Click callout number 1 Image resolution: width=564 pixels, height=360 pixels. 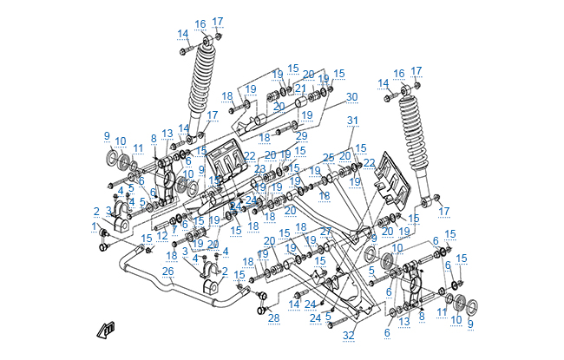[94, 226]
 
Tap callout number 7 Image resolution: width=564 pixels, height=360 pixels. [174, 230]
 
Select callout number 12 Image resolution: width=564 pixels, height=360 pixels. [162, 236]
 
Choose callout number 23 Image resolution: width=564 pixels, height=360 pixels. [259, 169]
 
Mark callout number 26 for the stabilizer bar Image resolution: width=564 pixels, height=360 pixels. [168, 271]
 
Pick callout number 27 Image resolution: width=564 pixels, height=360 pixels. [325, 232]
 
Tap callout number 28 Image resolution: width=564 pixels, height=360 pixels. [274, 318]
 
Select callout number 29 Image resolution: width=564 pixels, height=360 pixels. [301, 136]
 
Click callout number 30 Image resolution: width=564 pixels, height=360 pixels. [351, 97]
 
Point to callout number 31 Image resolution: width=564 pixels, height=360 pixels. [352, 121]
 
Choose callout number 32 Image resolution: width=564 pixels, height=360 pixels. [348, 335]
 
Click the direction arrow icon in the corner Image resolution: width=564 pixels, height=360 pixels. [107, 329]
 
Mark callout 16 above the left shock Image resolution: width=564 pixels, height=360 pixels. [200, 23]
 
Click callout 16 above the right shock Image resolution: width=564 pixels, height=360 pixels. [399, 74]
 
